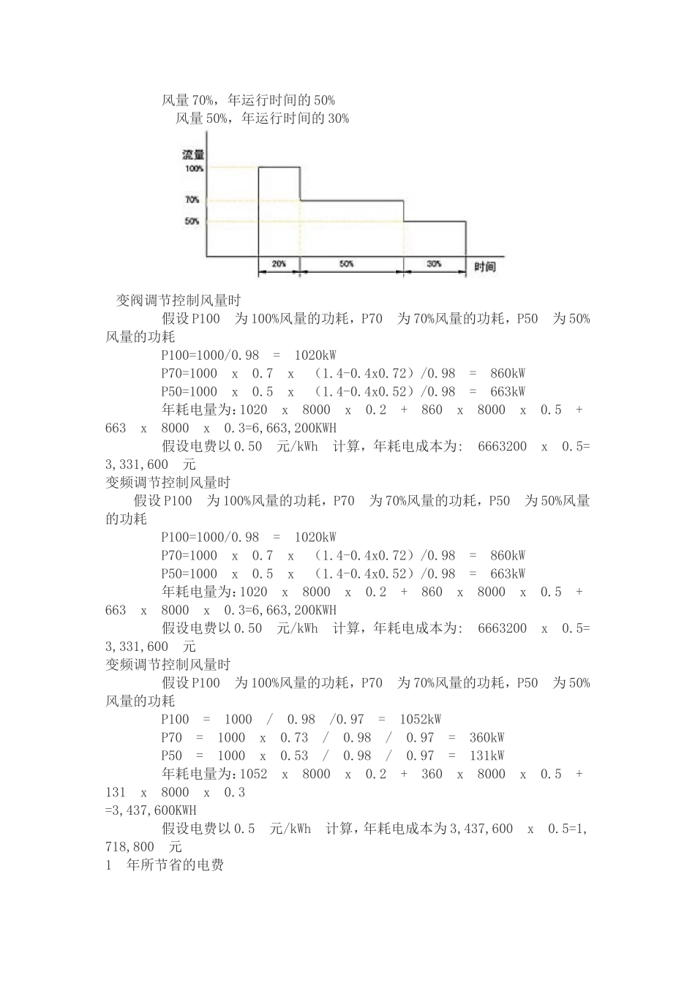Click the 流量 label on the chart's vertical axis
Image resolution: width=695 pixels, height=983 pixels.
click(x=193, y=155)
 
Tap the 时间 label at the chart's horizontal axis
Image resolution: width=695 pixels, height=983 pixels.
click(x=484, y=267)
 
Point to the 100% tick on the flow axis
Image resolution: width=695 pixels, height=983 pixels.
click(x=194, y=168)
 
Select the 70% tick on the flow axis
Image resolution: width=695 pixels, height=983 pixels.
click(x=192, y=200)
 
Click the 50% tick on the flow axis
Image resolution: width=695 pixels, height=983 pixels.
click(x=192, y=221)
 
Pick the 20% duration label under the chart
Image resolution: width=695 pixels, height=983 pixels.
click(x=279, y=264)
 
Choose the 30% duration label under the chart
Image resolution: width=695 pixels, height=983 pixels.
click(x=435, y=264)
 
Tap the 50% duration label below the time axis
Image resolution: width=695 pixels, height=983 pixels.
click(x=347, y=264)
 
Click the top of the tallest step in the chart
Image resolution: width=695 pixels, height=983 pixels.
click(x=279, y=167)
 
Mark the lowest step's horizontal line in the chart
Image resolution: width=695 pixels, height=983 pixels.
click(x=435, y=221)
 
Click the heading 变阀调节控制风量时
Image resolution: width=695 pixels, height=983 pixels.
click(x=179, y=301)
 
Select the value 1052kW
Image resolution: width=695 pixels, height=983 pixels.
click(x=421, y=720)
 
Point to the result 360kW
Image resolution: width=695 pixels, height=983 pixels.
click(x=487, y=738)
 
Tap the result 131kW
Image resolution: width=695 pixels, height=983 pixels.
click(x=487, y=756)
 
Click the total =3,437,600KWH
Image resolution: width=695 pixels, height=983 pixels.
click(x=151, y=811)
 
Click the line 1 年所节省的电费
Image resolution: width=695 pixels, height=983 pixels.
click(x=165, y=866)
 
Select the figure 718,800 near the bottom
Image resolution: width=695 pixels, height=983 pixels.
click(x=129, y=848)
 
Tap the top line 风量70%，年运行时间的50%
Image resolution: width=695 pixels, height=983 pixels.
click(x=248, y=100)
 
